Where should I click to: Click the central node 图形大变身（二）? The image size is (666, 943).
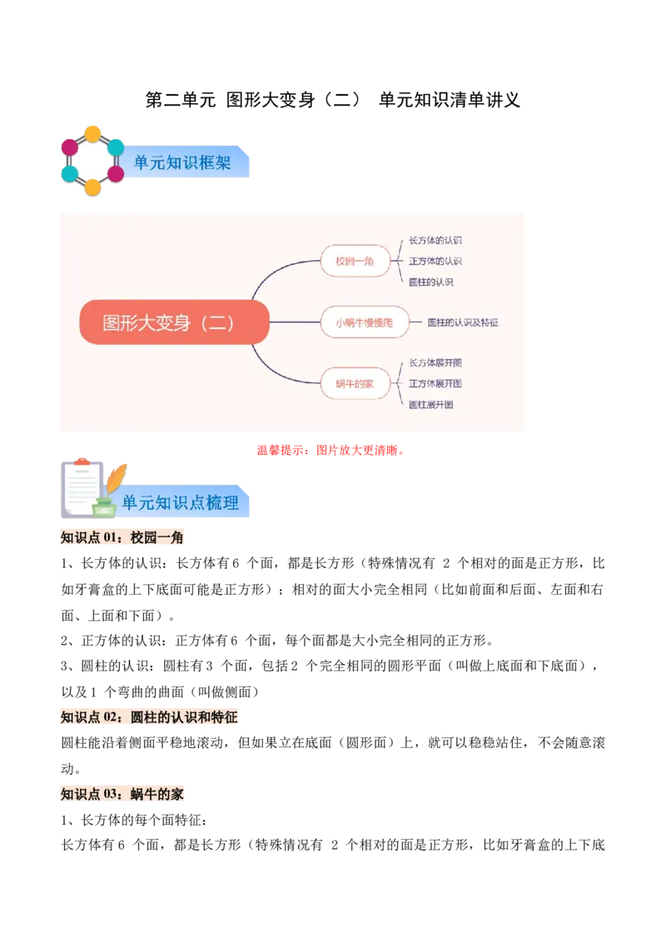174,322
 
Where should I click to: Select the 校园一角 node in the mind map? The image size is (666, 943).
355,261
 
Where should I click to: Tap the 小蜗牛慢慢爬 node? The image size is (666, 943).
364,322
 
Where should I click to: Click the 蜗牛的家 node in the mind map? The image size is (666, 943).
355,383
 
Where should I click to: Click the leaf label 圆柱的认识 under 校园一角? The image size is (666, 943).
430,282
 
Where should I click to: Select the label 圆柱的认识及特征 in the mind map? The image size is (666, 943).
462,322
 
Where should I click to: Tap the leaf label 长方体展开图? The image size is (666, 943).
435,362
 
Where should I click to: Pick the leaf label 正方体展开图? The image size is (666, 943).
435,383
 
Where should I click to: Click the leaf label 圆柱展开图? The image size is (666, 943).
430,405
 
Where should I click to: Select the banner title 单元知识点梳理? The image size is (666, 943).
180,502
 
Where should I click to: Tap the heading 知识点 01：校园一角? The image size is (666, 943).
122,538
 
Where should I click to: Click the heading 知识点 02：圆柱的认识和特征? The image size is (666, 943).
149,717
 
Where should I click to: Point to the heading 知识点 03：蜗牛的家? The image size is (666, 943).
122,795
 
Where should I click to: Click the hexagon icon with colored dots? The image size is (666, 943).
92,160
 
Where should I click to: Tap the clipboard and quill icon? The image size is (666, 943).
90,487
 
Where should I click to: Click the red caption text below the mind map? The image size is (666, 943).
330,451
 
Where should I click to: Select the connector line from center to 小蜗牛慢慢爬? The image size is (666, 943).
295,322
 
